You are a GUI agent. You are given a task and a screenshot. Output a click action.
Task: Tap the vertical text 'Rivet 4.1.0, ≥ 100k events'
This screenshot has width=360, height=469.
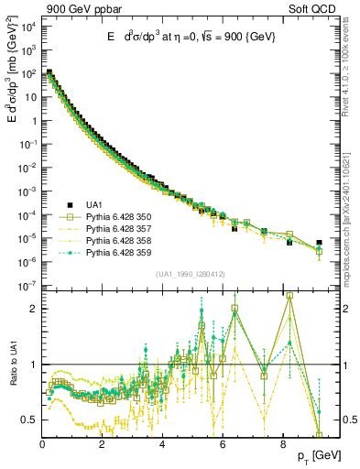pyautogui.click(x=349, y=73)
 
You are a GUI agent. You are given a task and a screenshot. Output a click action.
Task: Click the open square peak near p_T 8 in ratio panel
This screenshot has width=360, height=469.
pyautogui.click(x=289, y=296)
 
